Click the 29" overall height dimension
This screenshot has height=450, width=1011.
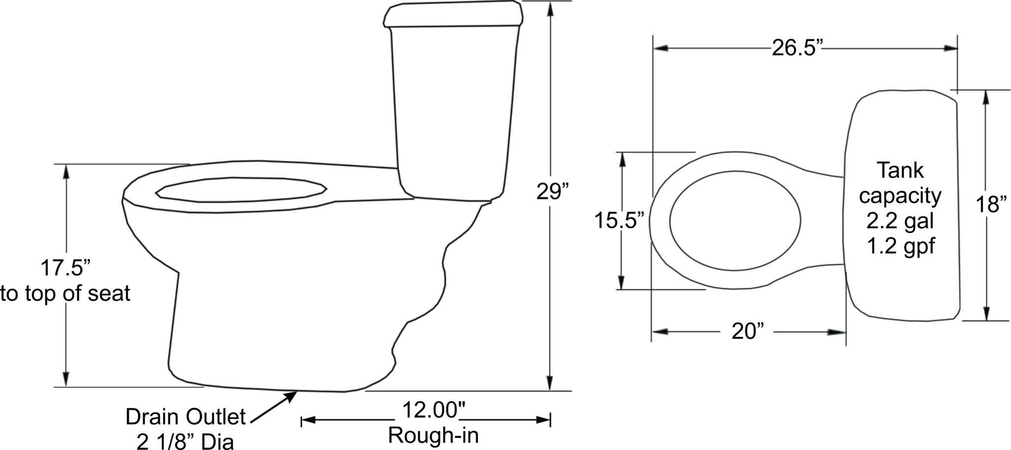coord(552,191)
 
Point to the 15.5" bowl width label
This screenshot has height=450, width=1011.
coord(619,221)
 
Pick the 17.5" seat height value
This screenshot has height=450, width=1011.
coord(65,268)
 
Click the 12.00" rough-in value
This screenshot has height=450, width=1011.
coord(434,410)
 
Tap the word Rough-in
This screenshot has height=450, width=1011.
coord(433,435)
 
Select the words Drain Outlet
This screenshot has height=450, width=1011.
coord(185,417)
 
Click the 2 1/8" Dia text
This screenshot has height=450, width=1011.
coord(185,441)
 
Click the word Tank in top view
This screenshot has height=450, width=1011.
coord(900,171)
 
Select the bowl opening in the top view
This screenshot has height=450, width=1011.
coord(735,221)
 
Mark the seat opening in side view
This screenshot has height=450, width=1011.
coord(241,190)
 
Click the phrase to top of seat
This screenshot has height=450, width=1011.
coord(65,294)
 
